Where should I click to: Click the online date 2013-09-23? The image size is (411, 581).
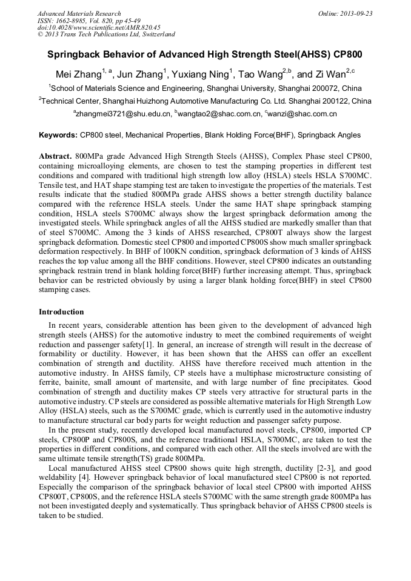tap(357, 13)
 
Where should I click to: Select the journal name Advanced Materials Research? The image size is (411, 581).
tap(79, 13)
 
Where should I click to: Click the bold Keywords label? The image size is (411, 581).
tap(58, 135)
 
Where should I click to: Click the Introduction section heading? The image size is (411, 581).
tap(61, 312)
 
